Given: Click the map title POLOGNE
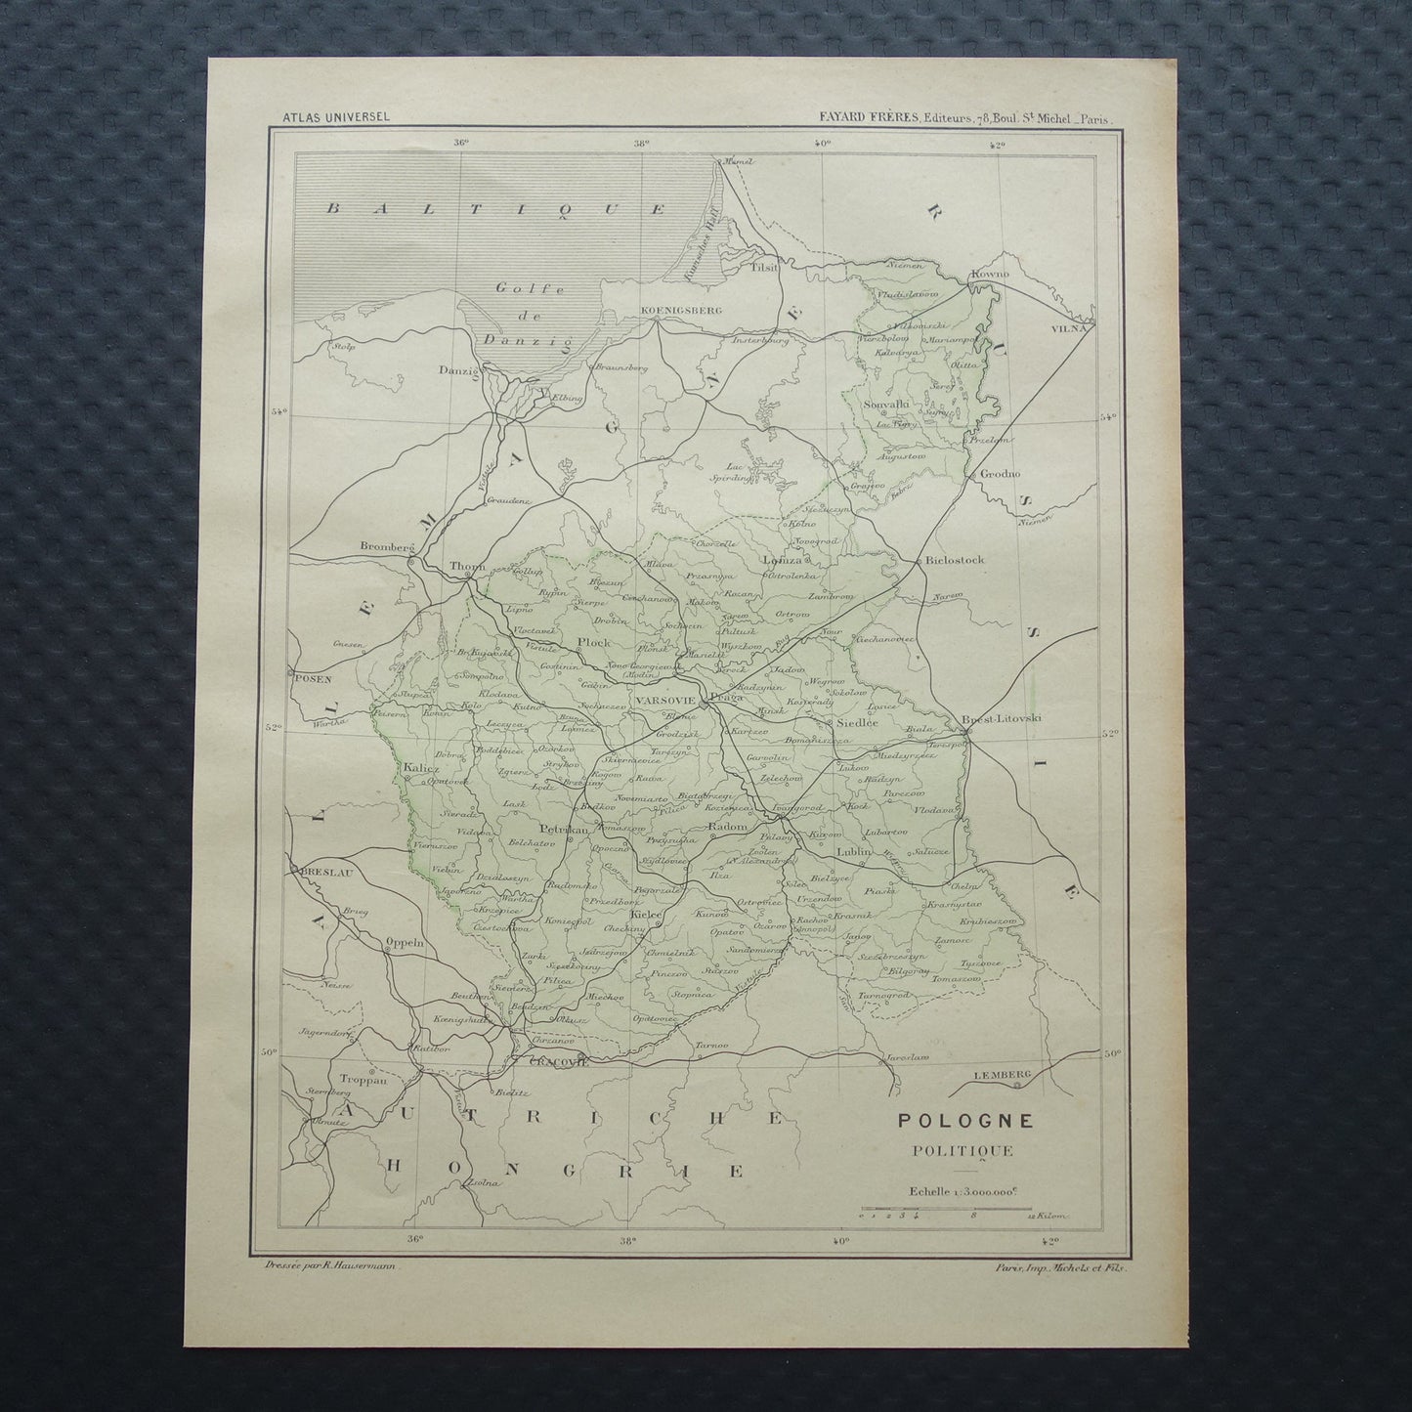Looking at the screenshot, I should pos(956,1122).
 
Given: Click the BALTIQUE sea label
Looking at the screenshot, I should pos(495,209).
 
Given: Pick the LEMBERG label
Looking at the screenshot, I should pos(1003,1075).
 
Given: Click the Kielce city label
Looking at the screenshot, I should pos(647,913).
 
